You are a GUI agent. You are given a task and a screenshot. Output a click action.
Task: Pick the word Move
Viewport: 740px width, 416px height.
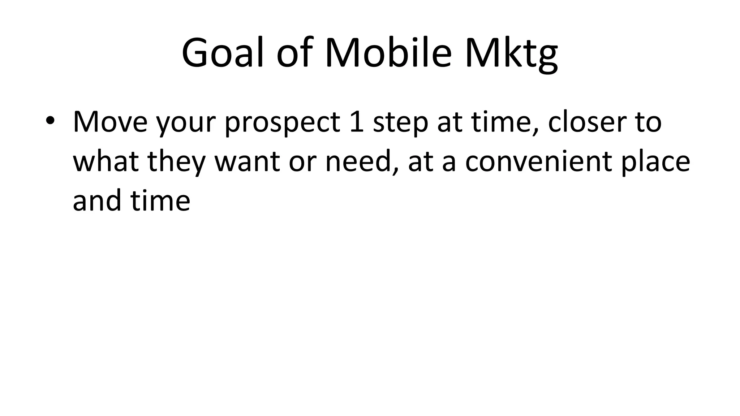[x=110, y=122]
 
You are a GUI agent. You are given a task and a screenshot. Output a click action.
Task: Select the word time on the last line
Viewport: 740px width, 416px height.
[x=160, y=200]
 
